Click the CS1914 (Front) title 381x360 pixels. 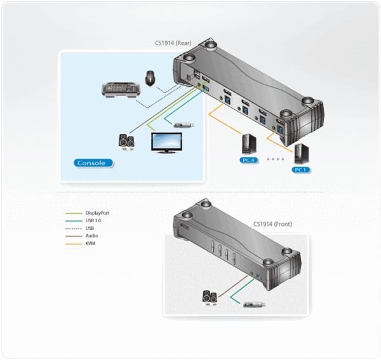(x=273, y=223)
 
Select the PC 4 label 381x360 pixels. (x=248, y=160)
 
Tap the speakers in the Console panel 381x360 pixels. (x=126, y=142)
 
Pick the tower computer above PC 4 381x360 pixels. (x=246, y=144)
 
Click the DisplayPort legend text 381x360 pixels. (x=102, y=213)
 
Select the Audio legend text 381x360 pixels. (x=91, y=236)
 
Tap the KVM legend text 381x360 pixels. (x=91, y=243)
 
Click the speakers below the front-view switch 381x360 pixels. (x=210, y=296)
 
